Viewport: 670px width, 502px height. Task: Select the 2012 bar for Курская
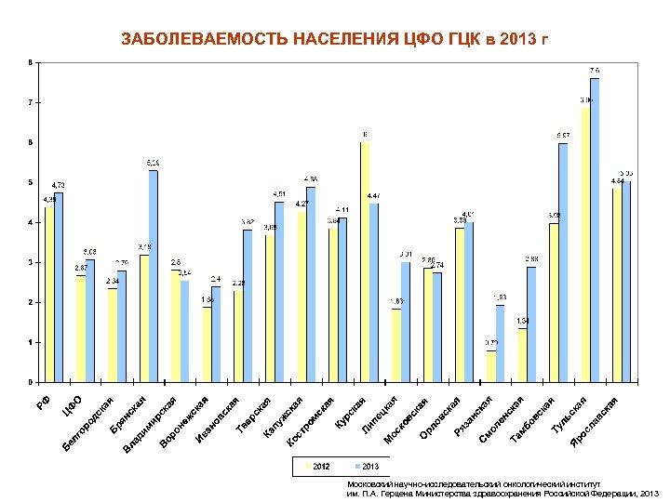[x=365, y=262]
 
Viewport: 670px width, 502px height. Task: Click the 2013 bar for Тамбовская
[x=563, y=262]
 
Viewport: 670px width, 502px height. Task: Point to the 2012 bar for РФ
[x=49, y=294]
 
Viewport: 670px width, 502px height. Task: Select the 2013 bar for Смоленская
[x=531, y=324]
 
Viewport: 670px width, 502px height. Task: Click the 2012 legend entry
[x=315, y=465]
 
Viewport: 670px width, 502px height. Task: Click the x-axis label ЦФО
[x=73, y=404]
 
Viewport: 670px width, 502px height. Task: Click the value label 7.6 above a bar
[x=594, y=71]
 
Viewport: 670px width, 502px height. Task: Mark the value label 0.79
[x=490, y=343]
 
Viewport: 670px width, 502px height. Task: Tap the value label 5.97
[x=563, y=136]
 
